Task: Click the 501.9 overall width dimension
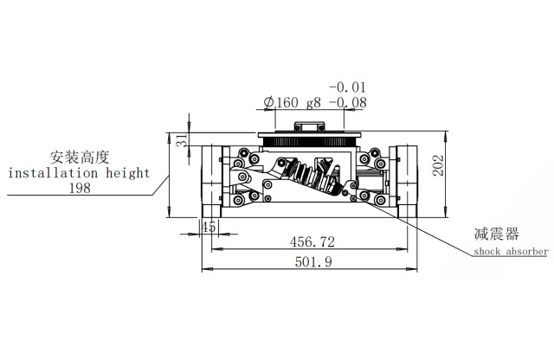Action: tap(313, 262)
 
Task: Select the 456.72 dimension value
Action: tap(312, 242)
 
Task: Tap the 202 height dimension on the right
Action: tap(439, 165)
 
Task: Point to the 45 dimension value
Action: tap(209, 227)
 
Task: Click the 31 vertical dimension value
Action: tap(183, 140)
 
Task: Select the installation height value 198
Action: tap(80, 188)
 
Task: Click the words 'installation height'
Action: tap(79, 173)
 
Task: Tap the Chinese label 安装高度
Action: tap(80, 157)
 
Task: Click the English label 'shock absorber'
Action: tap(511, 252)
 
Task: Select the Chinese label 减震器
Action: tap(496, 234)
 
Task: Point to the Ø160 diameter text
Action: tap(281, 102)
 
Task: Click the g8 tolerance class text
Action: tap(313, 103)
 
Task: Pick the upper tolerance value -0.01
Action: tap(348, 87)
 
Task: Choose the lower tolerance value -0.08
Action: tap(348, 103)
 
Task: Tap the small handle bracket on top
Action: tap(310, 126)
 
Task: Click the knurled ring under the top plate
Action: tap(310, 142)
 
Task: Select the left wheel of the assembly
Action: tap(211, 182)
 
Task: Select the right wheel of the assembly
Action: tap(408, 182)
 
